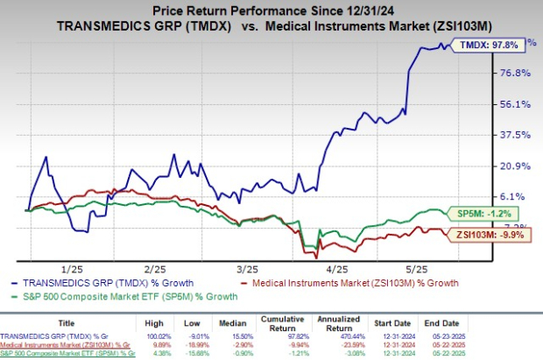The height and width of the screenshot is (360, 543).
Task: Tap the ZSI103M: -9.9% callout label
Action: [490, 234]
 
